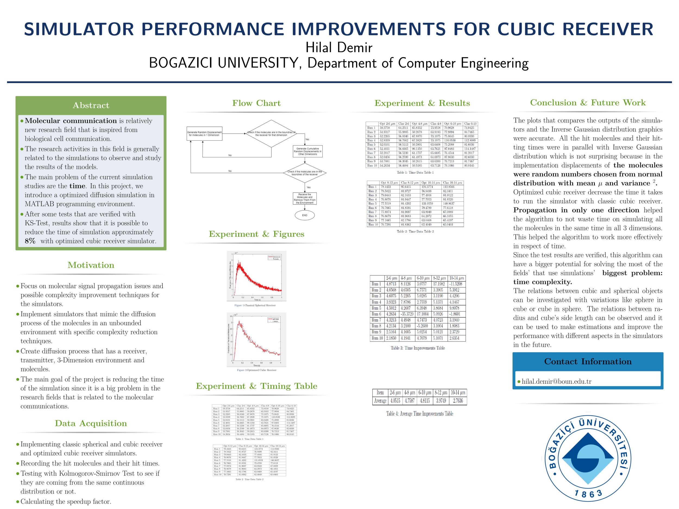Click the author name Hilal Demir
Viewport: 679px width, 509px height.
[339, 48]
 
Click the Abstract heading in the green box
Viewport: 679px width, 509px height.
[91, 105]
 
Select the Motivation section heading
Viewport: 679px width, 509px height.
[91, 265]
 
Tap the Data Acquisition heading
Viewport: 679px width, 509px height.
[91, 423]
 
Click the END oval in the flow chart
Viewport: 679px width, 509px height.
[304, 215]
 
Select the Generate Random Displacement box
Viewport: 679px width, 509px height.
[205, 134]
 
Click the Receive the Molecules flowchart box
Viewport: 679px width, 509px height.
[304, 198]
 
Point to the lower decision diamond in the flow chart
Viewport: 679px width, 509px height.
[304, 173]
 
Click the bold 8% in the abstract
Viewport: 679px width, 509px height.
[30, 241]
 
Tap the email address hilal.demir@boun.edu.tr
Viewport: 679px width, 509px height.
[557, 381]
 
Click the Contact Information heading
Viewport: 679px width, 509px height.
[588, 361]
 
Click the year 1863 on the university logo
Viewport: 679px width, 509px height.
[588, 494]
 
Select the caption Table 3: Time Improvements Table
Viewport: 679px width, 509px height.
[417, 348]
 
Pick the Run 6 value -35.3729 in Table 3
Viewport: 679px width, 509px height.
[407, 314]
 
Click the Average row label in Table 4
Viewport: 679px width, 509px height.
[380, 400]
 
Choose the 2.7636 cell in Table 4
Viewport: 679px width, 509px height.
[458, 400]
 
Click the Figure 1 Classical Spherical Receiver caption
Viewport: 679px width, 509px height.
[255, 305]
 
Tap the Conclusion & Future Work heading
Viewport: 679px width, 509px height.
[588, 103]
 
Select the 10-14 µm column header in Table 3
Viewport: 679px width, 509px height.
[457, 278]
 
